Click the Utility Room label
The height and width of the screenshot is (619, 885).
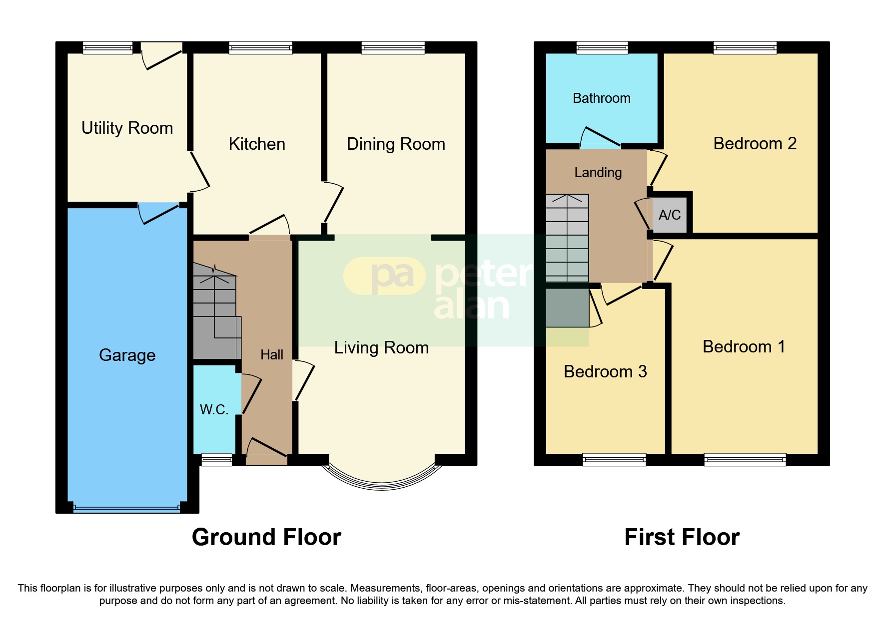(127, 128)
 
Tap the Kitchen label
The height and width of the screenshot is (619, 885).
(257, 144)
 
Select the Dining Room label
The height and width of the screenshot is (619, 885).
(396, 144)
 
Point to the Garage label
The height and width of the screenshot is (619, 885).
(127, 355)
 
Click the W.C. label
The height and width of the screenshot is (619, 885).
(214, 410)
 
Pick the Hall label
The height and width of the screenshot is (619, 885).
(272, 355)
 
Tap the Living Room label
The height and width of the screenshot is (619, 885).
(381, 348)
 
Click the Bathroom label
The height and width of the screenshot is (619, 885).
(602, 98)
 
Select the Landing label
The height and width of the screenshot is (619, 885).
(598, 173)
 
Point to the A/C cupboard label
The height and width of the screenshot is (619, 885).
(670, 215)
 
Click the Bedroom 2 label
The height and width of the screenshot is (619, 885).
(755, 144)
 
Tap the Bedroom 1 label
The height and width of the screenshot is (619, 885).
(744, 347)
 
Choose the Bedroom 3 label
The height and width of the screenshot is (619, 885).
(605, 372)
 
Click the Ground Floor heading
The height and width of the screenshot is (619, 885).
(266, 538)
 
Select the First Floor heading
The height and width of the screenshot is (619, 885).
(682, 538)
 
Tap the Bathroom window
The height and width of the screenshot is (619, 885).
(602, 48)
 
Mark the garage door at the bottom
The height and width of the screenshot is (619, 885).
(126, 508)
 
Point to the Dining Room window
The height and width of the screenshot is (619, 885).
(393, 48)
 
